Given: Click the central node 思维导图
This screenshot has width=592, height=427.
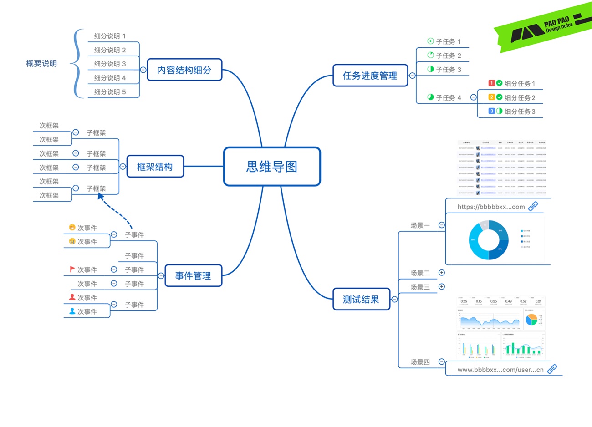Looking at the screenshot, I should pyautogui.click(x=272, y=167).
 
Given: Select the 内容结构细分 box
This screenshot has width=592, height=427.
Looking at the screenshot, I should pyautogui.click(x=184, y=70).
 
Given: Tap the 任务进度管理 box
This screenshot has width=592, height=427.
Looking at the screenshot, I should pyautogui.click(x=370, y=76).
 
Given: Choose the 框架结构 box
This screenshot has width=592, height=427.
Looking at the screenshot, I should pyautogui.click(x=155, y=167).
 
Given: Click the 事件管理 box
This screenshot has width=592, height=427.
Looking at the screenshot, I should pyautogui.click(x=193, y=276).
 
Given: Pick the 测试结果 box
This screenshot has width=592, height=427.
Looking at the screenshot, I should pyautogui.click(x=361, y=300).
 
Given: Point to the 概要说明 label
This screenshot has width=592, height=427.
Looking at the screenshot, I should pyautogui.click(x=41, y=64).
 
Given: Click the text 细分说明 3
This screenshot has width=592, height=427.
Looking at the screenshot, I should pyautogui.click(x=110, y=64).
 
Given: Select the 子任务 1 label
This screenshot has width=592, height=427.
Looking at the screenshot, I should pyautogui.click(x=448, y=41).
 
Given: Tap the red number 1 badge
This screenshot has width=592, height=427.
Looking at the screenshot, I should pyautogui.click(x=491, y=83).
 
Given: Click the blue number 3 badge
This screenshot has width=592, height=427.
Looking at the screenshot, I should pyautogui.click(x=491, y=111).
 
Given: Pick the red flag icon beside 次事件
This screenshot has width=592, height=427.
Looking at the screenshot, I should pyautogui.click(x=72, y=269).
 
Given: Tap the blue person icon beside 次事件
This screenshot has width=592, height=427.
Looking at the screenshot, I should pyautogui.click(x=72, y=311).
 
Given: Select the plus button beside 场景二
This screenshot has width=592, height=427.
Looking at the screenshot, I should pyautogui.click(x=441, y=273).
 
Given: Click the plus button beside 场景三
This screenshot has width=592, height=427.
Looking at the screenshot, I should pyautogui.click(x=441, y=286).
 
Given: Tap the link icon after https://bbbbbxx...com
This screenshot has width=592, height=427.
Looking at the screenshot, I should pyautogui.click(x=533, y=206).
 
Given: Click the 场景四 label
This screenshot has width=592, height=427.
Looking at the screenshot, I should pyautogui.click(x=420, y=362).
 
